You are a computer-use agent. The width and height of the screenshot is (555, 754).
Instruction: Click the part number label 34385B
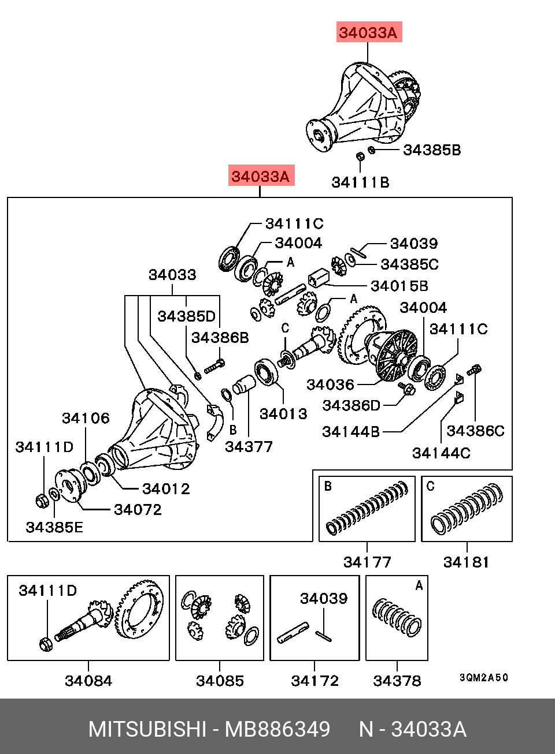[432, 150]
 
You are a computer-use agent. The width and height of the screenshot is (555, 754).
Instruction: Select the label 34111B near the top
[360, 182]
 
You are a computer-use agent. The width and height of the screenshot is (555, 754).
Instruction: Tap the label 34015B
[399, 286]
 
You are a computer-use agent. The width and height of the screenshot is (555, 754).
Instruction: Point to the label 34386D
[351, 406]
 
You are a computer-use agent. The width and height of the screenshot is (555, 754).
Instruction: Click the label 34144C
[441, 453]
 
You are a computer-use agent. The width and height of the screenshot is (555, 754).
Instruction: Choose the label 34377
[249, 447]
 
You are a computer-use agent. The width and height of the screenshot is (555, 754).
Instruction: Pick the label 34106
[86, 419]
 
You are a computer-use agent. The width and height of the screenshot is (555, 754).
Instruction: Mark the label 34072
[138, 510]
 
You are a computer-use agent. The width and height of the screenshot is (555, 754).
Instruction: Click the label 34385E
[54, 528]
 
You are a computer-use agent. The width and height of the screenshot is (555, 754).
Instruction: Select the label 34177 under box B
[367, 562]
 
